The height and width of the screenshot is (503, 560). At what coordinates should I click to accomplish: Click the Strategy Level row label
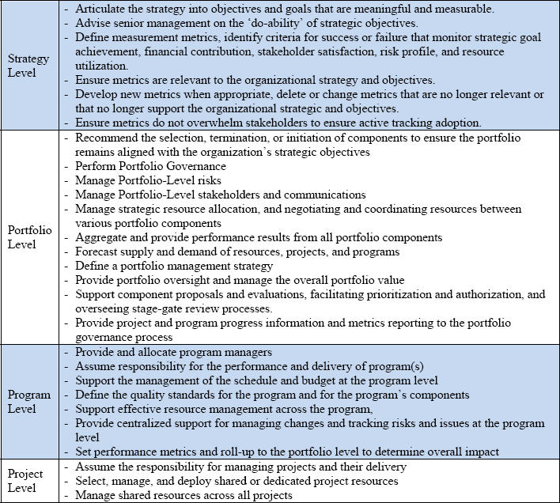(x=28, y=65)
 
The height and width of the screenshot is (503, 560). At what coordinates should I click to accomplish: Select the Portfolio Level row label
(x=28, y=236)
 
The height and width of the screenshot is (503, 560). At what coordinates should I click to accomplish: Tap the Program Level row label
(x=28, y=401)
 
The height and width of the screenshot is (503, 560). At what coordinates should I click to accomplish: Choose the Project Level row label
(x=25, y=480)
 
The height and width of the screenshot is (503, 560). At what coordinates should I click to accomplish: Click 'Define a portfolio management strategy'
(x=174, y=266)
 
